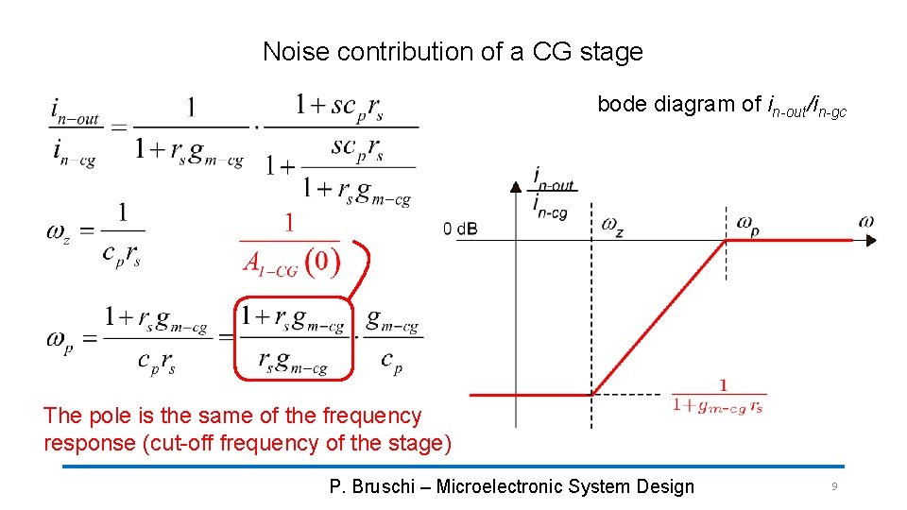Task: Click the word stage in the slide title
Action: (x=613, y=53)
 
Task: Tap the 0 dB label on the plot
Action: (x=461, y=228)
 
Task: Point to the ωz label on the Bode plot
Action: (x=612, y=226)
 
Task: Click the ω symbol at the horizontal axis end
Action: (x=866, y=222)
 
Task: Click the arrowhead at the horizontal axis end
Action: (x=870, y=240)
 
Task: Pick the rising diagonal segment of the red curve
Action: (x=659, y=317)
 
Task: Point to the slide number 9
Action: (x=834, y=486)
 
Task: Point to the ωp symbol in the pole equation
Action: (x=59, y=339)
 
